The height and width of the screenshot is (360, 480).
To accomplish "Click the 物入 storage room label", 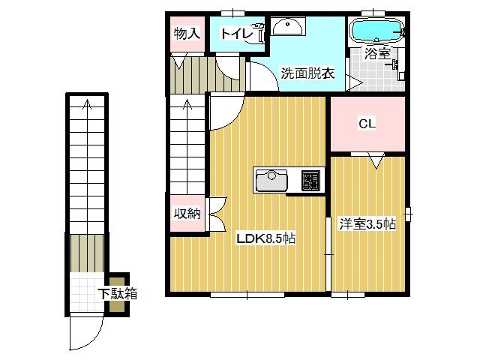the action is point(187,33).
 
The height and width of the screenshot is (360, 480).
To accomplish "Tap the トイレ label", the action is point(236,33).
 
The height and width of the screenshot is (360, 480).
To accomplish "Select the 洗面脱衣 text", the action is point(307,73).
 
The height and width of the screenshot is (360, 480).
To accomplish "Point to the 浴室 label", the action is point(377,54).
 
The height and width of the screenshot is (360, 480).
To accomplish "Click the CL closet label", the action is point(367,124).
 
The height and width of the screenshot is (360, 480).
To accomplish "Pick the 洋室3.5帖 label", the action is point(367,223).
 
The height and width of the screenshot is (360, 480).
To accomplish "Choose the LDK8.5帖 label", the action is point(266,238).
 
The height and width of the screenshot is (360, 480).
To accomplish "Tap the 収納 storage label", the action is point(187,213).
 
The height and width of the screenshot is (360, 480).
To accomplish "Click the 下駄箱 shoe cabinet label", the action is point(118,294).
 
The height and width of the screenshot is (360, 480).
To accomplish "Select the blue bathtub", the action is point(376,31).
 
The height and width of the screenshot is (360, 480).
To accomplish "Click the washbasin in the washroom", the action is point(288,26).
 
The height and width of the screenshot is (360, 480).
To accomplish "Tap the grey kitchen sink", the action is point(271,180).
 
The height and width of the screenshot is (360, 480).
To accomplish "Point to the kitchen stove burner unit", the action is point(310,180).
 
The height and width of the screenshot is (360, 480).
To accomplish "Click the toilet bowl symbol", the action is point(262,32).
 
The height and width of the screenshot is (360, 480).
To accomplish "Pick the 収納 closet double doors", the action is point(218,214).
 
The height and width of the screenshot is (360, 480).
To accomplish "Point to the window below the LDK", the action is point(247,295).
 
